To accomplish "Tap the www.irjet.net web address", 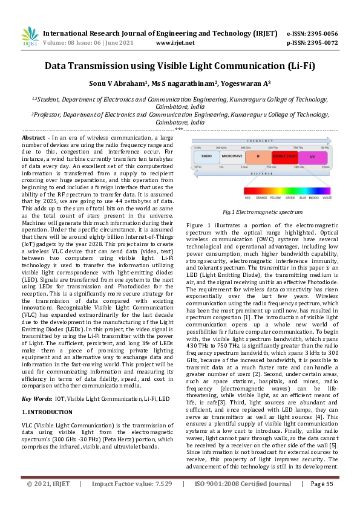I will pyautogui.click(x=175, y=44).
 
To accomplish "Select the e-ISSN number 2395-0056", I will pyautogui.click(x=321, y=34).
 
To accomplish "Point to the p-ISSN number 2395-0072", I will pyautogui.click(x=321, y=44).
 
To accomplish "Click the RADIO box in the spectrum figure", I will pyautogui.click(x=206, y=157).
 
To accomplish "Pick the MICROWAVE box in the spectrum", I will pyautogui.click(x=232, y=157).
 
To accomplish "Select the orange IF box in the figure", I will pyautogui.click(x=258, y=157).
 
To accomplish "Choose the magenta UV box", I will pyautogui.click(x=312, y=157).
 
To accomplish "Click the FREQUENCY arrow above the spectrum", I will pyautogui.click(x=261, y=140).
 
